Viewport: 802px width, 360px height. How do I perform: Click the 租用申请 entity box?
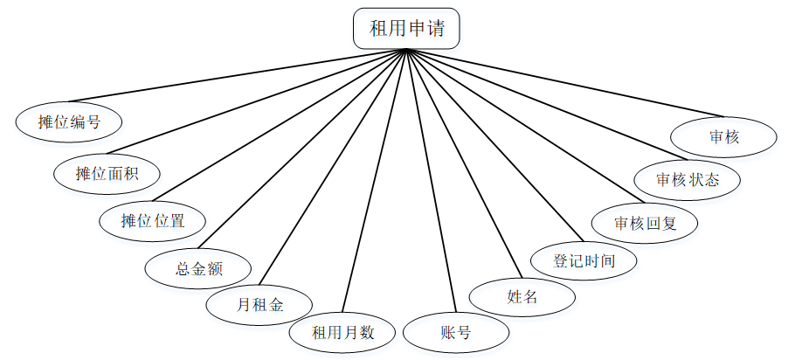click(x=406, y=29)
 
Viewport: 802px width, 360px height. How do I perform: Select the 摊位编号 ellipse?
click(x=69, y=121)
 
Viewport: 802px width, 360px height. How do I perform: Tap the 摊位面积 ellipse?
click(x=107, y=173)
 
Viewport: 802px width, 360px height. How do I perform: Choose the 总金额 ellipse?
click(x=199, y=268)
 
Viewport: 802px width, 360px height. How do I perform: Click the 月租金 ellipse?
click(x=259, y=305)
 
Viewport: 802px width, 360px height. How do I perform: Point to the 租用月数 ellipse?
click(x=343, y=333)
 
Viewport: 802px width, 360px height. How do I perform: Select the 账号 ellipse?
click(x=456, y=333)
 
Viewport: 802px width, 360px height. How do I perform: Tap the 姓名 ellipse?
click(x=522, y=296)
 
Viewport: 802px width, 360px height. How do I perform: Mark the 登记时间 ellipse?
click(x=584, y=260)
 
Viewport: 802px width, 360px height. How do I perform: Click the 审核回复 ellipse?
click(x=645, y=223)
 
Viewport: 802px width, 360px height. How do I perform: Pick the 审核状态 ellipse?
click(x=688, y=179)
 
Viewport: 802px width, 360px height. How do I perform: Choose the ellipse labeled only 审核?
click(x=724, y=137)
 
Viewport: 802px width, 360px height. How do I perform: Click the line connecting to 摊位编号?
click(x=236, y=76)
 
